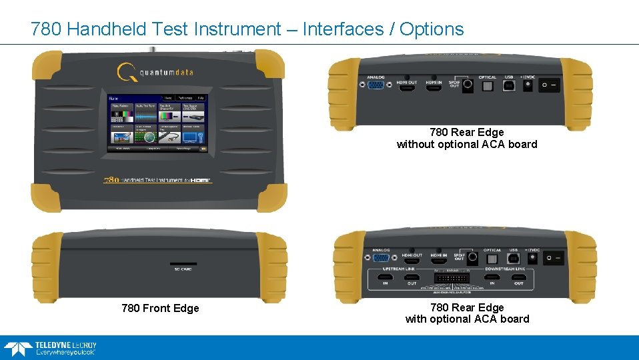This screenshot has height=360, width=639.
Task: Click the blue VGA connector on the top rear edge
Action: click(376, 85)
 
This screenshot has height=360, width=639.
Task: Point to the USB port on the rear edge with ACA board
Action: click(513, 256)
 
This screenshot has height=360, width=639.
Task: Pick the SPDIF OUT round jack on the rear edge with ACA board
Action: click(472, 256)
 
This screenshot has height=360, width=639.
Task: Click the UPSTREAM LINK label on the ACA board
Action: click(400, 269)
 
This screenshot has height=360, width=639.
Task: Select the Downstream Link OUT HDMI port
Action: click(519, 276)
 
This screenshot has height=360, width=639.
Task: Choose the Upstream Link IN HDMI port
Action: click(385, 276)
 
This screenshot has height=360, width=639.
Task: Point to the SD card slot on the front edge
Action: click(183, 264)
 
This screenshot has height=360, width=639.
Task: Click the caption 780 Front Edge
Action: click(160, 308)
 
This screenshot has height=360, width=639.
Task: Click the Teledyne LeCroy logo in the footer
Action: click(50, 348)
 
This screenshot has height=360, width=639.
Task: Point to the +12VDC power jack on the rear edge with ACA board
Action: click(533, 256)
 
